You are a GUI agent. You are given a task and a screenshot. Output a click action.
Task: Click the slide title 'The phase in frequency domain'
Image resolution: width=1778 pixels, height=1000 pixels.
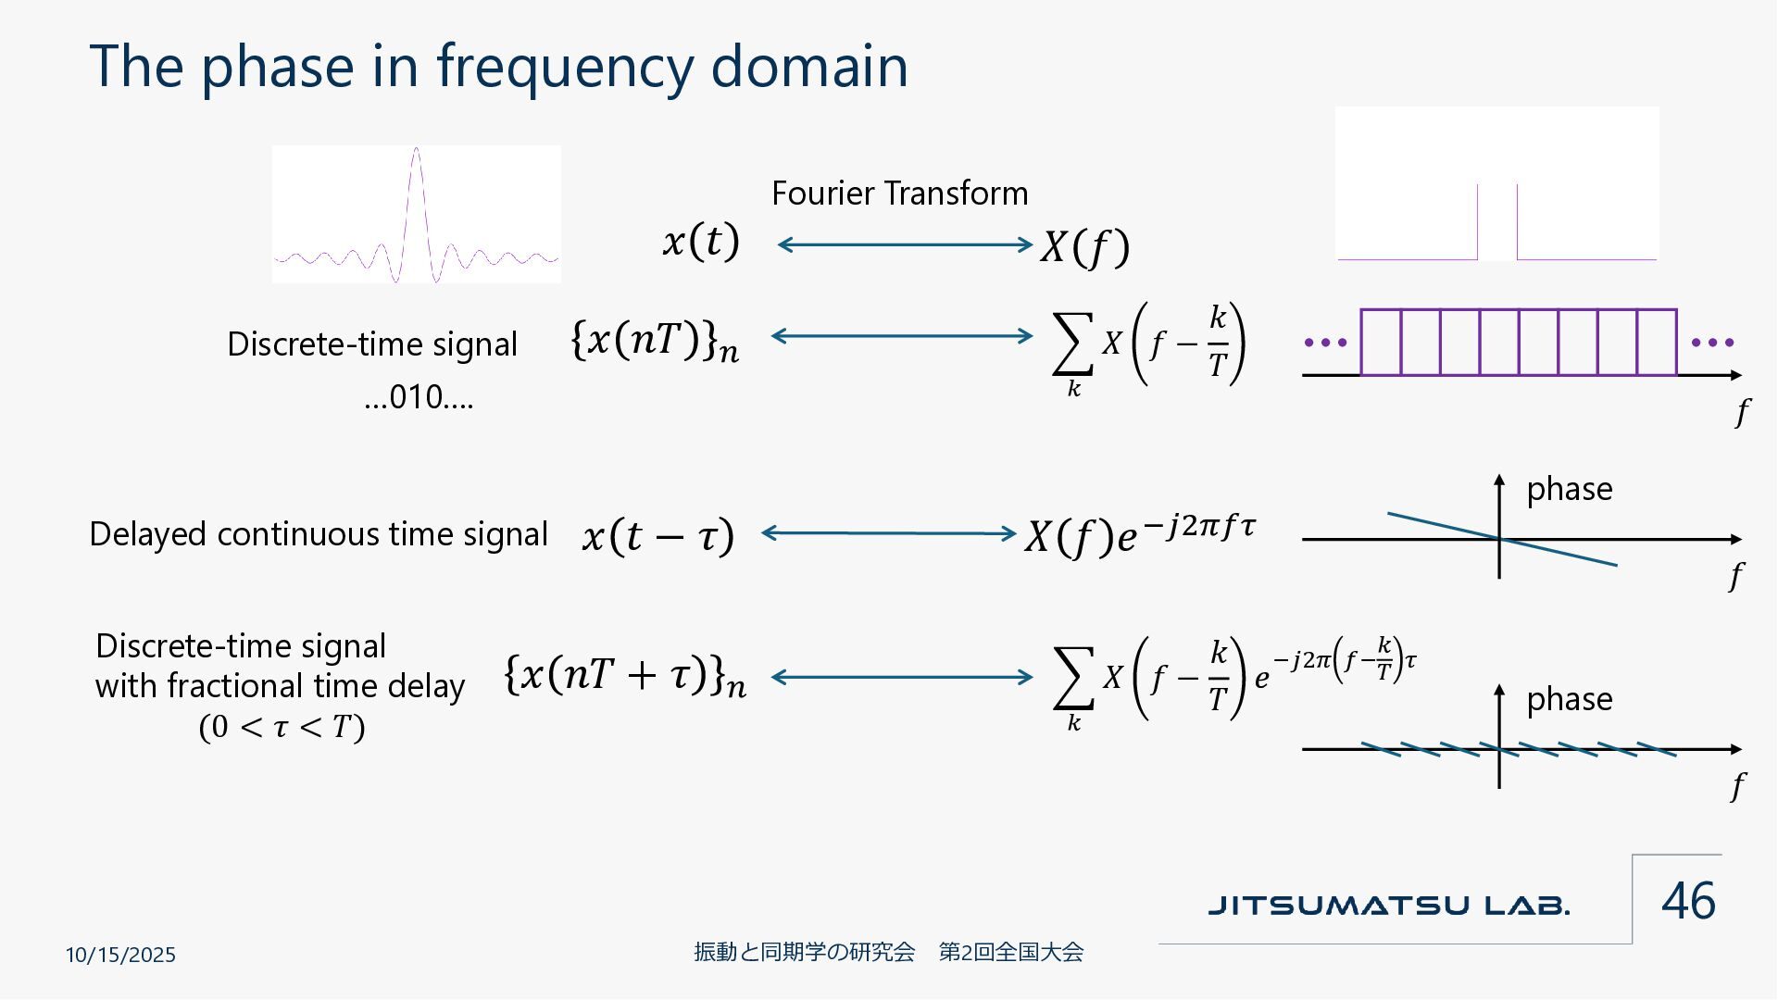[498, 67]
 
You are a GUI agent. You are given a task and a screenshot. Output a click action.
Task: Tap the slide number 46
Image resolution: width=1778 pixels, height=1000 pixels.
[1688, 900]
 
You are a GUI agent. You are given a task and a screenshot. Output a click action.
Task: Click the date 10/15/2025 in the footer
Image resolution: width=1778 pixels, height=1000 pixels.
[120, 955]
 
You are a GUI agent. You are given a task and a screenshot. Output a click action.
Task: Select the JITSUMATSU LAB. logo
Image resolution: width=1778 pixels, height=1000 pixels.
[1388, 905]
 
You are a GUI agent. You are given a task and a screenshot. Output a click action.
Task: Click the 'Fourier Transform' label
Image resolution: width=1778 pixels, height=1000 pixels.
[899, 194]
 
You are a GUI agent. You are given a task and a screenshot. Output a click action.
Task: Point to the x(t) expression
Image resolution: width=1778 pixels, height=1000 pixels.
[701, 243]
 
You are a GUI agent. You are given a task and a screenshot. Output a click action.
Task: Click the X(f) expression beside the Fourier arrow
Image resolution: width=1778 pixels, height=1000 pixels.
[1084, 247]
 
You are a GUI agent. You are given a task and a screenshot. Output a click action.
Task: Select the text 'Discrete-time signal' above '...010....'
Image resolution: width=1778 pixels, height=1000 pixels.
[371, 344]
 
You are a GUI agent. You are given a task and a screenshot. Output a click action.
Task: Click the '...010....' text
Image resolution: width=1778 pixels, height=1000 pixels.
[419, 397]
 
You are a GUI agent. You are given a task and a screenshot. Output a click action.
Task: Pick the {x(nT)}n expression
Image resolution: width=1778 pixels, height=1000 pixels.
[655, 341]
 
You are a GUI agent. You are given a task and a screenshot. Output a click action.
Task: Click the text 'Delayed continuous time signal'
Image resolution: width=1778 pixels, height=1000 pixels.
[319, 534]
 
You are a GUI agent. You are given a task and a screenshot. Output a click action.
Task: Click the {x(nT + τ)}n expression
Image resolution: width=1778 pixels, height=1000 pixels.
[625, 676]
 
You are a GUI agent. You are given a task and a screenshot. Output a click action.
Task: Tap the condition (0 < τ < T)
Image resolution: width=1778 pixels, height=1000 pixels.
[282, 727]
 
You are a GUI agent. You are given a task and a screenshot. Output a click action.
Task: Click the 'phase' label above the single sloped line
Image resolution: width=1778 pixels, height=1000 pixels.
[1569, 489]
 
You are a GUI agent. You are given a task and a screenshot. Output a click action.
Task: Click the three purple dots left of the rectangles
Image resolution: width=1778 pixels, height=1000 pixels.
[1325, 343]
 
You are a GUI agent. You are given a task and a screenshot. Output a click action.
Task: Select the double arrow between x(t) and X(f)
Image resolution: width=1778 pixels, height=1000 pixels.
[905, 244]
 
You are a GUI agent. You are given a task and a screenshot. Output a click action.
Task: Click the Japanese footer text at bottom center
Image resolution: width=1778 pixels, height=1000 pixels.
[888, 952]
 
